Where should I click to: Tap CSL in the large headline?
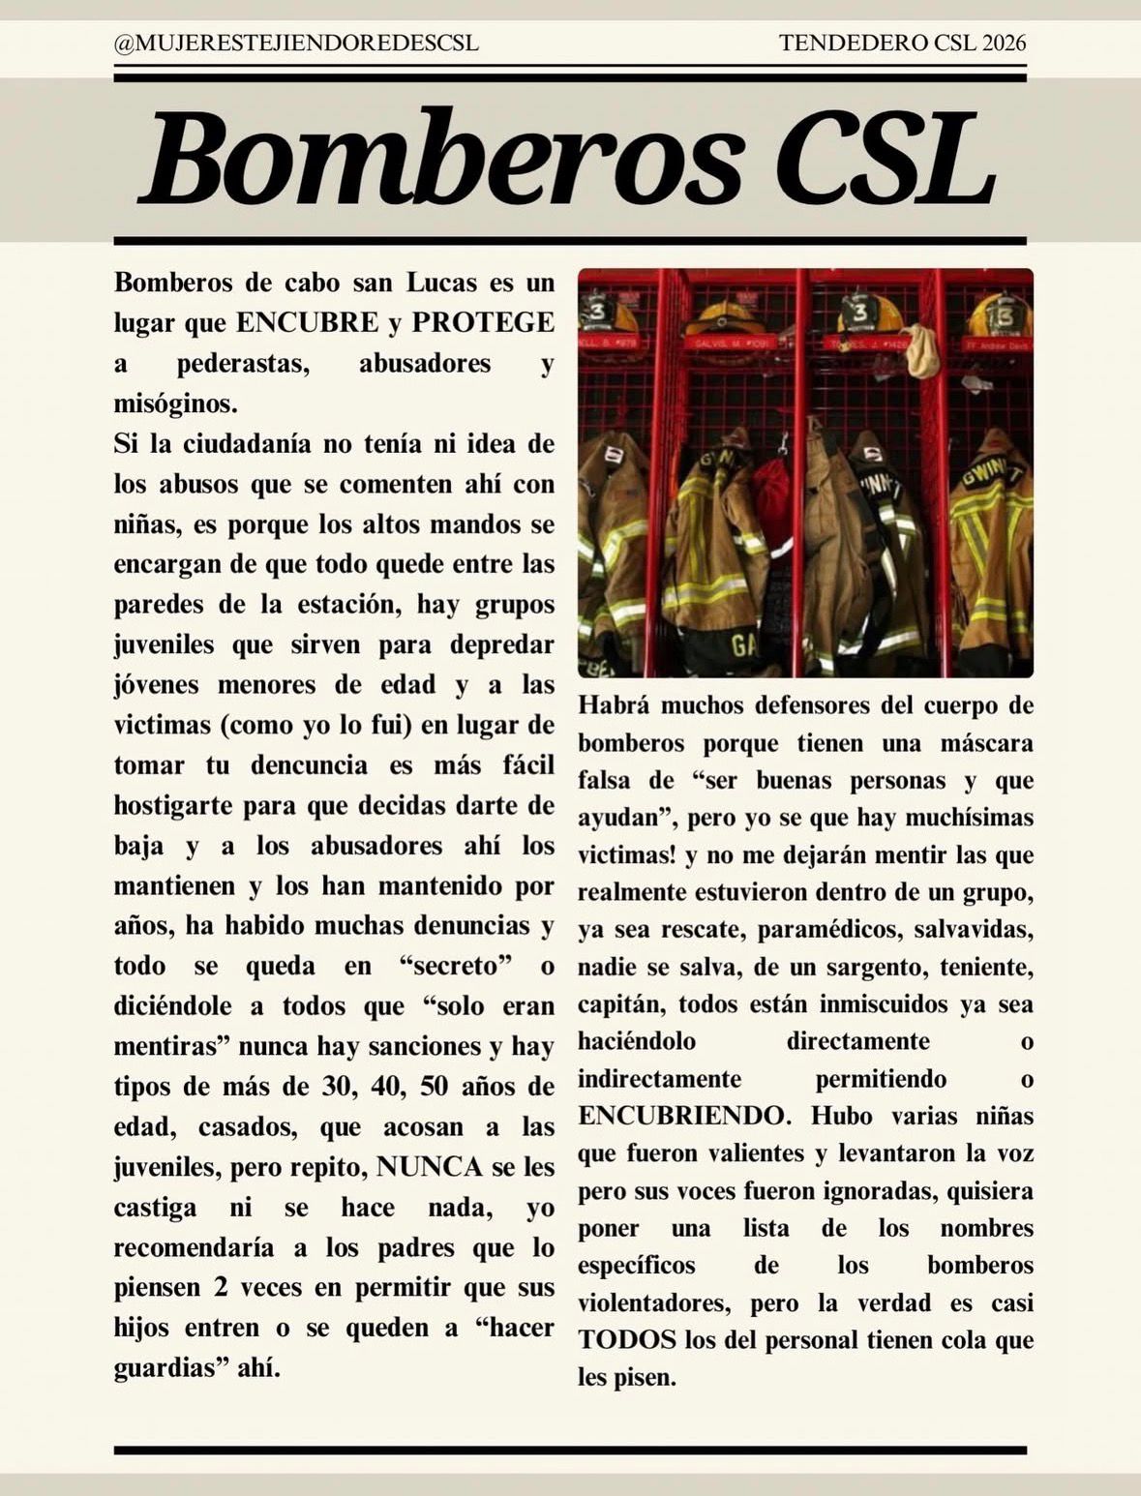(x=886, y=160)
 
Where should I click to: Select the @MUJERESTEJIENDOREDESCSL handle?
(x=296, y=44)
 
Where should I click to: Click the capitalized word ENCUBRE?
(x=308, y=322)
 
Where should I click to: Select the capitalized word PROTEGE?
(x=483, y=322)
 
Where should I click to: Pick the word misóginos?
(x=175, y=404)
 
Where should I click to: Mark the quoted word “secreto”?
(x=455, y=966)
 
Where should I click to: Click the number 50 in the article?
(x=435, y=1086)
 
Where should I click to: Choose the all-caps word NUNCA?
(x=429, y=1167)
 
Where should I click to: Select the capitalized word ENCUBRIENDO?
(x=683, y=1116)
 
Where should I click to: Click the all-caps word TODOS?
(x=626, y=1340)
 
